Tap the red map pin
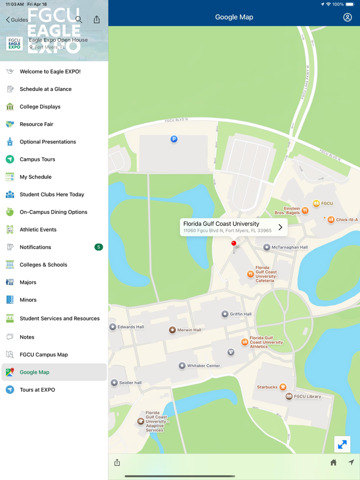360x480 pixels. click(x=233, y=244)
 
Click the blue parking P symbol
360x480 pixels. click(x=174, y=139)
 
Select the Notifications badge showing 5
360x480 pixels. click(x=99, y=247)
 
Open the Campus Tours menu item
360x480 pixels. click(x=37, y=159)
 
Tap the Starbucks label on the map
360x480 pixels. click(x=267, y=387)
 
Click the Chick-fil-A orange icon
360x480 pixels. click(x=331, y=219)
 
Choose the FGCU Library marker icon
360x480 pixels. click(x=289, y=396)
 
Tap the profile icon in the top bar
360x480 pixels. click(x=348, y=17)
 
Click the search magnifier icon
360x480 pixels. click(x=79, y=20)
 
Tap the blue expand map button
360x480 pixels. click(x=342, y=444)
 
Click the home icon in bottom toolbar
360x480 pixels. click(x=333, y=463)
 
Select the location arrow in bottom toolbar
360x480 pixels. click(x=351, y=463)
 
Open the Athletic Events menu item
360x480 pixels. click(x=38, y=230)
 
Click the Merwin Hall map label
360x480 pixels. click(x=189, y=330)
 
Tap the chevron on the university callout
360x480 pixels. click(x=280, y=227)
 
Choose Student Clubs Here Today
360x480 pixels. click(x=51, y=195)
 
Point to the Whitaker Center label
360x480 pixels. click(x=203, y=366)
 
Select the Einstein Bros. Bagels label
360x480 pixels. click(x=287, y=211)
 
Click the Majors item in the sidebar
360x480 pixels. click(x=28, y=282)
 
